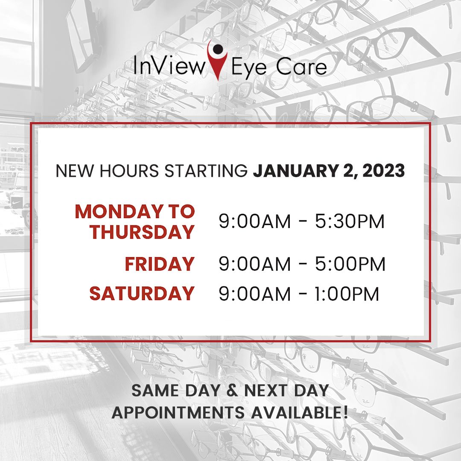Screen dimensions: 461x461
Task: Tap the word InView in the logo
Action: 169,65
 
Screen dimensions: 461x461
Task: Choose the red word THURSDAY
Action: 142,232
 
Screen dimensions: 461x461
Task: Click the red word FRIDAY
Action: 160,264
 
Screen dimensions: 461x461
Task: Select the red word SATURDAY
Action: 142,293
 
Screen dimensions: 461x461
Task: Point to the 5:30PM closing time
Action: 350,221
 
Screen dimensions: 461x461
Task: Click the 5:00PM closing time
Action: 350,264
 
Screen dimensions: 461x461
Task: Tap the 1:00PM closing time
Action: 347,294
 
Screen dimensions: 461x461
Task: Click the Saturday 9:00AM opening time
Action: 254,294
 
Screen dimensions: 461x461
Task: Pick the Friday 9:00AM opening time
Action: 254,264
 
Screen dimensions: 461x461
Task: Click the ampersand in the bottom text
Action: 232,390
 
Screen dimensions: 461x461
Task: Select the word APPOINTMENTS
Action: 178,412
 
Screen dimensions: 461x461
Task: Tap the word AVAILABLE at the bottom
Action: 296,412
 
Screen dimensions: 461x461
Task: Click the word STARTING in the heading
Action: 206,171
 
